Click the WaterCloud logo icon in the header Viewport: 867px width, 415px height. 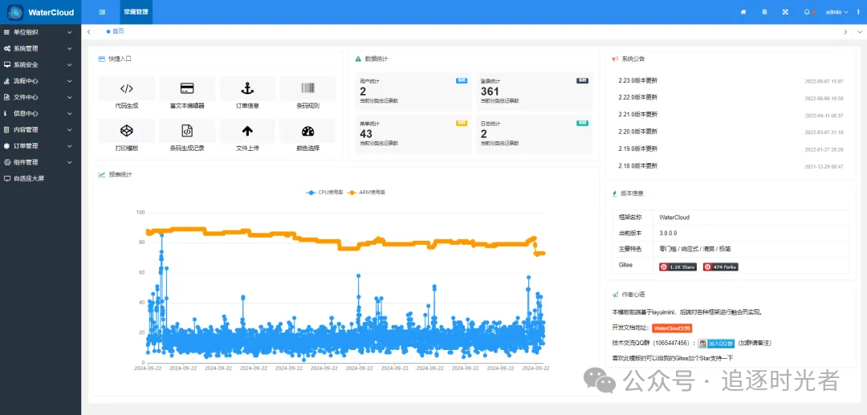[x=15, y=12]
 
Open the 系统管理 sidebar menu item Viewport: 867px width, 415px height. [x=26, y=48]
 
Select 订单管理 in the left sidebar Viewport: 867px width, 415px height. [x=26, y=146]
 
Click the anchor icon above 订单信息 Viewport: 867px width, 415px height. [x=247, y=88]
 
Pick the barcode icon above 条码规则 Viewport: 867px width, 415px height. [x=308, y=88]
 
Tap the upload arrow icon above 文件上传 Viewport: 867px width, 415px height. [x=247, y=131]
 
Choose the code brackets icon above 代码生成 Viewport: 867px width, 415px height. [x=126, y=88]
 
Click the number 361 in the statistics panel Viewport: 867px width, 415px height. [x=490, y=92]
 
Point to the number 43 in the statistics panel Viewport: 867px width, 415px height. [x=366, y=134]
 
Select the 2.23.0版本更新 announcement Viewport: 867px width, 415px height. [x=637, y=80]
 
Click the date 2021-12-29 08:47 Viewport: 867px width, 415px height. [x=824, y=166]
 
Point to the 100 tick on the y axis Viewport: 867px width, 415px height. [x=140, y=212]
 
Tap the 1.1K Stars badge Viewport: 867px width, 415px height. [x=678, y=266]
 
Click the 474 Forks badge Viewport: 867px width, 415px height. [x=720, y=266]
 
